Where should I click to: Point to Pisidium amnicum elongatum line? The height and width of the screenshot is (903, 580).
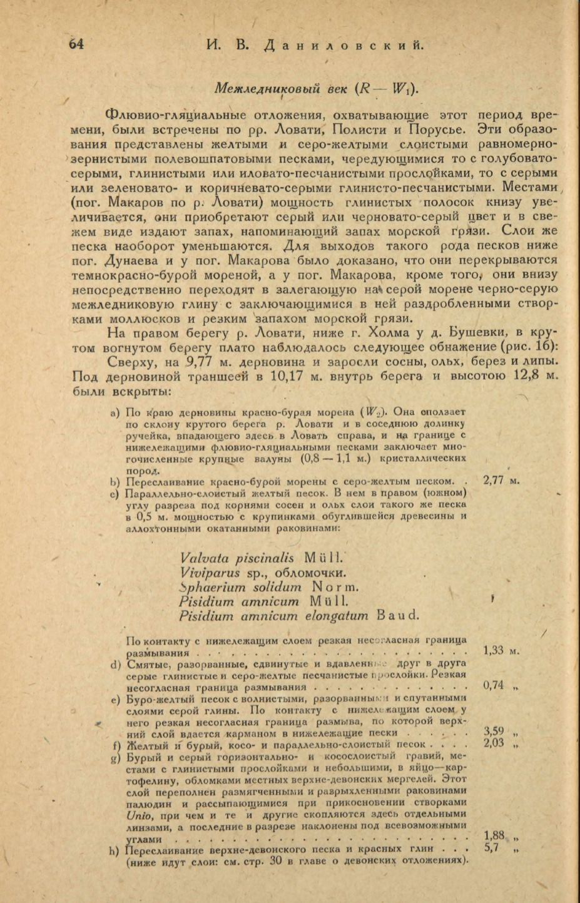[x=298, y=616]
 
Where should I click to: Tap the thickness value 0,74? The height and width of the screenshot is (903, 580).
[x=494, y=685]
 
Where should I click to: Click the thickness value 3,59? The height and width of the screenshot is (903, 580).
[x=495, y=731]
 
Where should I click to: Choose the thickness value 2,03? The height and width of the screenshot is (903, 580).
[x=495, y=743]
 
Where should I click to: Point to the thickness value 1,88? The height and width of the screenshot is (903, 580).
[x=494, y=835]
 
